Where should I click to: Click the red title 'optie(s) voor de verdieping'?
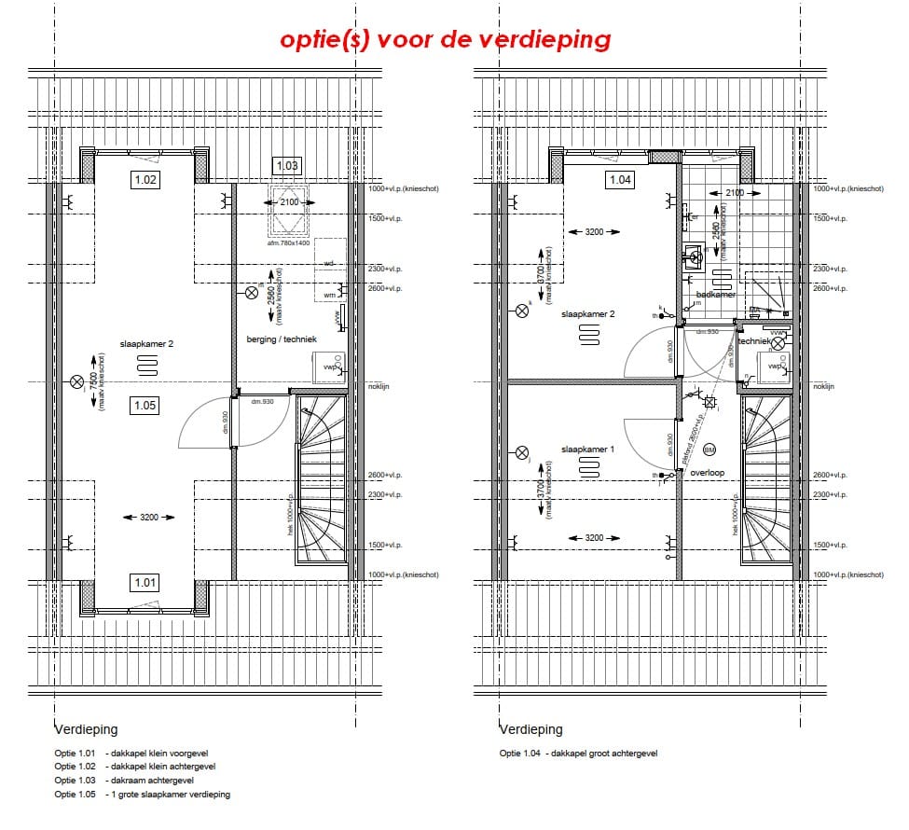coord(446,39)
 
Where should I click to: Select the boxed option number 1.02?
coord(145,180)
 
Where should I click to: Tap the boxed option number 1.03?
coord(286,166)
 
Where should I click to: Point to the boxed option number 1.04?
coord(620,180)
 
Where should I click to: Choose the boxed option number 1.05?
coord(145,405)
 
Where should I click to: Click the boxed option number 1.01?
coord(145,583)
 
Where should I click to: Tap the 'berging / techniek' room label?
coord(282,339)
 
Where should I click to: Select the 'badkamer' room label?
coord(716,295)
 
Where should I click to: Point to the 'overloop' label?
coord(708,473)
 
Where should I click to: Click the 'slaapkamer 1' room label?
coord(587,450)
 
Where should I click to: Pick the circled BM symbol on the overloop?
coord(709,450)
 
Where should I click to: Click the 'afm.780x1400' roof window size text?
coord(287,242)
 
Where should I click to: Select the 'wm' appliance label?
coord(329,295)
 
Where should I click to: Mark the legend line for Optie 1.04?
coord(578,753)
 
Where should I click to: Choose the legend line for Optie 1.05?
coord(142,795)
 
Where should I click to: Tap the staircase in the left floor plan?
coord(321,480)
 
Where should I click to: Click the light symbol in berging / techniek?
coord(250,292)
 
